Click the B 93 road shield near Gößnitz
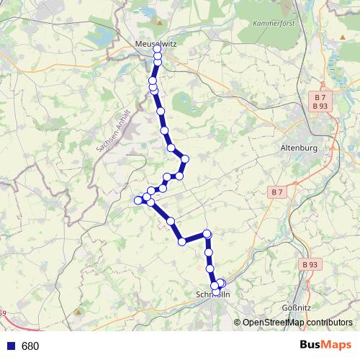pyautogui.click(x=310, y=265)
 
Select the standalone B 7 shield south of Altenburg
pyautogui.click(x=276, y=192)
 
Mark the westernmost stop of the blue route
pyautogui.click(x=138, y=199)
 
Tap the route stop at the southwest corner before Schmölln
pyautogui.click(x=183, y=240)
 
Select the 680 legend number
pyautogui.click(x=30, y=346)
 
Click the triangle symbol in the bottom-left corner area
pyautogui.click(x=77, y=312)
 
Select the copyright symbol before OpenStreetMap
pyautogui.click(x=238, y=323)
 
